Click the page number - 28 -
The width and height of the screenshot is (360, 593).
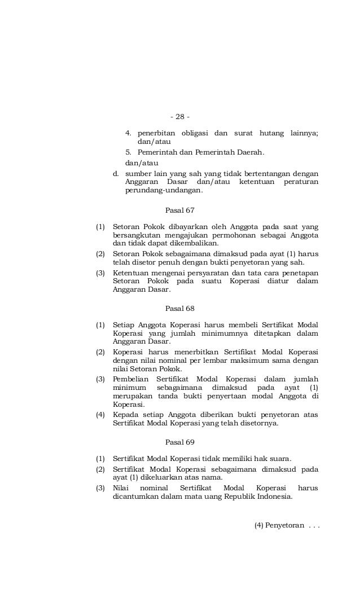tap(180, 117)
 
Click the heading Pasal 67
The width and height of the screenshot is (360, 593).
tap(179, 210)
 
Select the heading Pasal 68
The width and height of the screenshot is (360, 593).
tap(179, 309)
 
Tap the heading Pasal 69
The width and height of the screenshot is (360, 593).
tap(179, 442)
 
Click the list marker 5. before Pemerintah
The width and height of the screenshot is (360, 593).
tap(128, 152)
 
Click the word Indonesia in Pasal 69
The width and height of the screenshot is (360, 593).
tap(274, 497)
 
